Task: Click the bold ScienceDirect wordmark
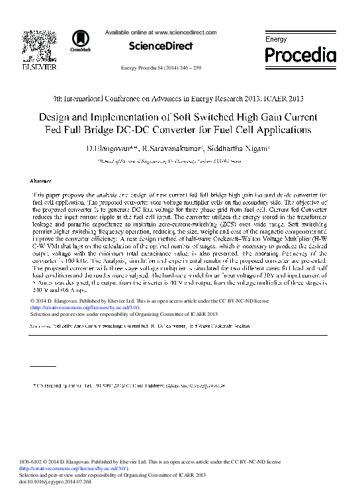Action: click(x=160, y=46)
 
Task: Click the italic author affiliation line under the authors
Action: click(x=180, y=160)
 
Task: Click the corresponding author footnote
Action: click(x=132, y=384)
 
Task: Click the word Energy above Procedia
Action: click(x=276, y=40)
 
